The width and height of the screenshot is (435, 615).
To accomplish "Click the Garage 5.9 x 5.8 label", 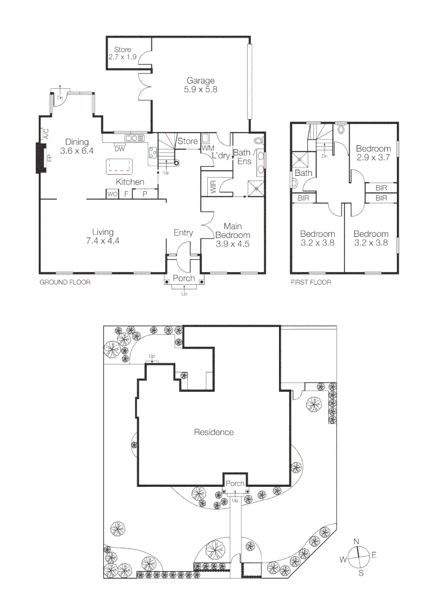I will tap(200, 85).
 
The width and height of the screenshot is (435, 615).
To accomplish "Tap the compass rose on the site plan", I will tap(358, 556).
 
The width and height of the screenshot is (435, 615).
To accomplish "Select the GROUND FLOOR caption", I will tap(65, 282).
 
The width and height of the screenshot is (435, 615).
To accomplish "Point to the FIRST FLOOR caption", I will tap(311, 282).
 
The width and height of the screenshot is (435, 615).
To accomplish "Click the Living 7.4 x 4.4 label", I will tap(103, 236).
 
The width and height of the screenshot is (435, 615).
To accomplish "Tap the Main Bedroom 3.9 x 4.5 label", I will tap(233, 235).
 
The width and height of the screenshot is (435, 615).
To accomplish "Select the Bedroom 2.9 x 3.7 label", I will tap(373, 153).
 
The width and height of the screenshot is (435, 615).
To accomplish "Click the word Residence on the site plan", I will tap(214, 432).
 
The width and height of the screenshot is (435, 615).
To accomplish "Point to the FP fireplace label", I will tap(50, 158).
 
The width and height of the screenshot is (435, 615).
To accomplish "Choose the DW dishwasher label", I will tap(120, 149).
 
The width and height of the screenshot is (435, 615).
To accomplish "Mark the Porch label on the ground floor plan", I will tap(183, 278).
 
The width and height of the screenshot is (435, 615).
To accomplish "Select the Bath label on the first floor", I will tap(303, 173).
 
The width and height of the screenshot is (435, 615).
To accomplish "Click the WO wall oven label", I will tap(112, 194).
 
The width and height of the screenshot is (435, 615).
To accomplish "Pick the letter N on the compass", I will tap(356, 541).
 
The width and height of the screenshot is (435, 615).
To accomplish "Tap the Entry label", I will tap(183, 232).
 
